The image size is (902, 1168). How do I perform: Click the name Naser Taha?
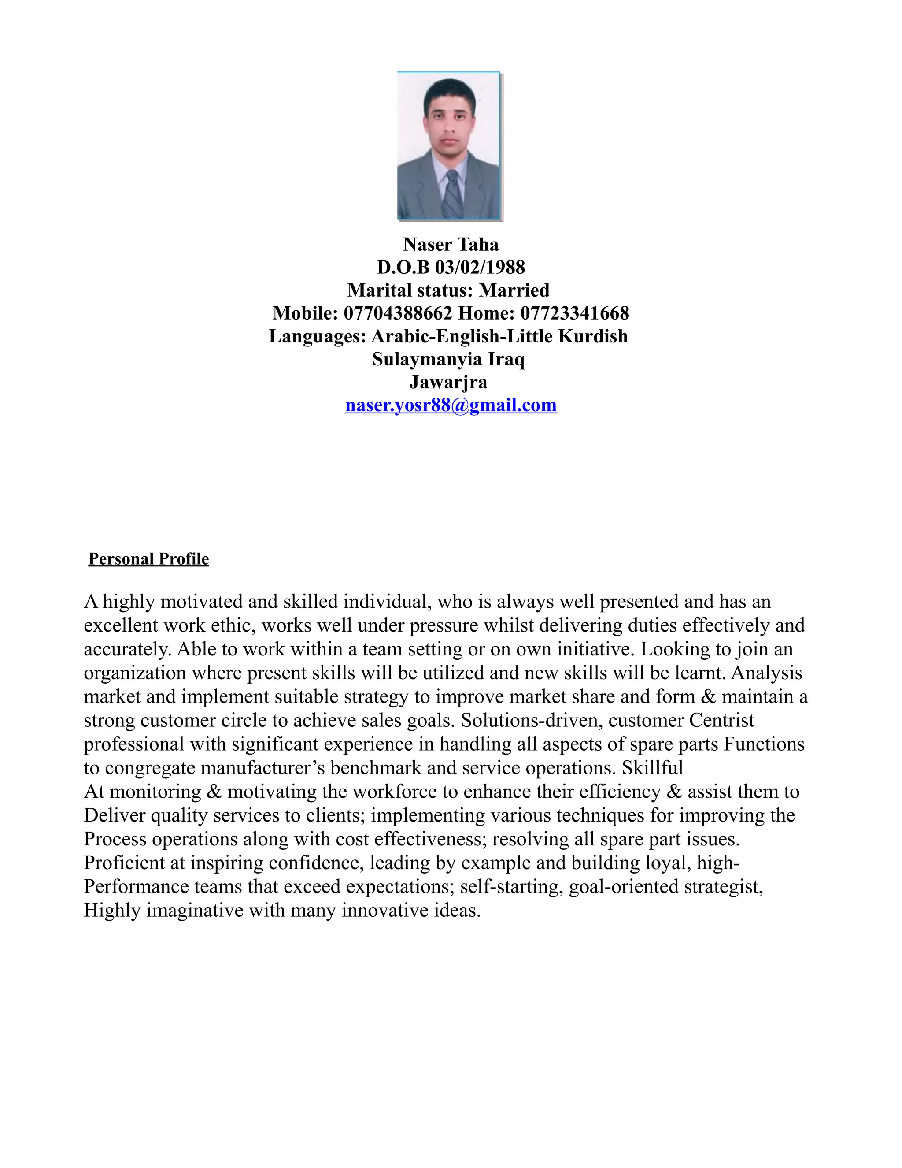point(451,245)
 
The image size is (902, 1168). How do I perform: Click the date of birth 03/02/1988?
point(480,268)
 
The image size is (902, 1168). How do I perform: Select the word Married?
point(514,290)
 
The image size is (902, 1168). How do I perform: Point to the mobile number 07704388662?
point(398,313)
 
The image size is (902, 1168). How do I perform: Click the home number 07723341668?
point(575,313)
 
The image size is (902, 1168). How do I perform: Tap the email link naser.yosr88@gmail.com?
point(451,405)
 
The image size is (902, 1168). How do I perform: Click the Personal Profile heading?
point(148,559)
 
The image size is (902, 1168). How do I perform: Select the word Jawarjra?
point(448,382)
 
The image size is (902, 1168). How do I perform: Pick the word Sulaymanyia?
point(427,359)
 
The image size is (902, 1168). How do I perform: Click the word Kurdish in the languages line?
point(593,336)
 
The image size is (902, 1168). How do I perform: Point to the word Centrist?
point(721,720)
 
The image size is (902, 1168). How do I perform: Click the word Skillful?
point(652,768)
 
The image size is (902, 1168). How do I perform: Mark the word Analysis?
point(766,673)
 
